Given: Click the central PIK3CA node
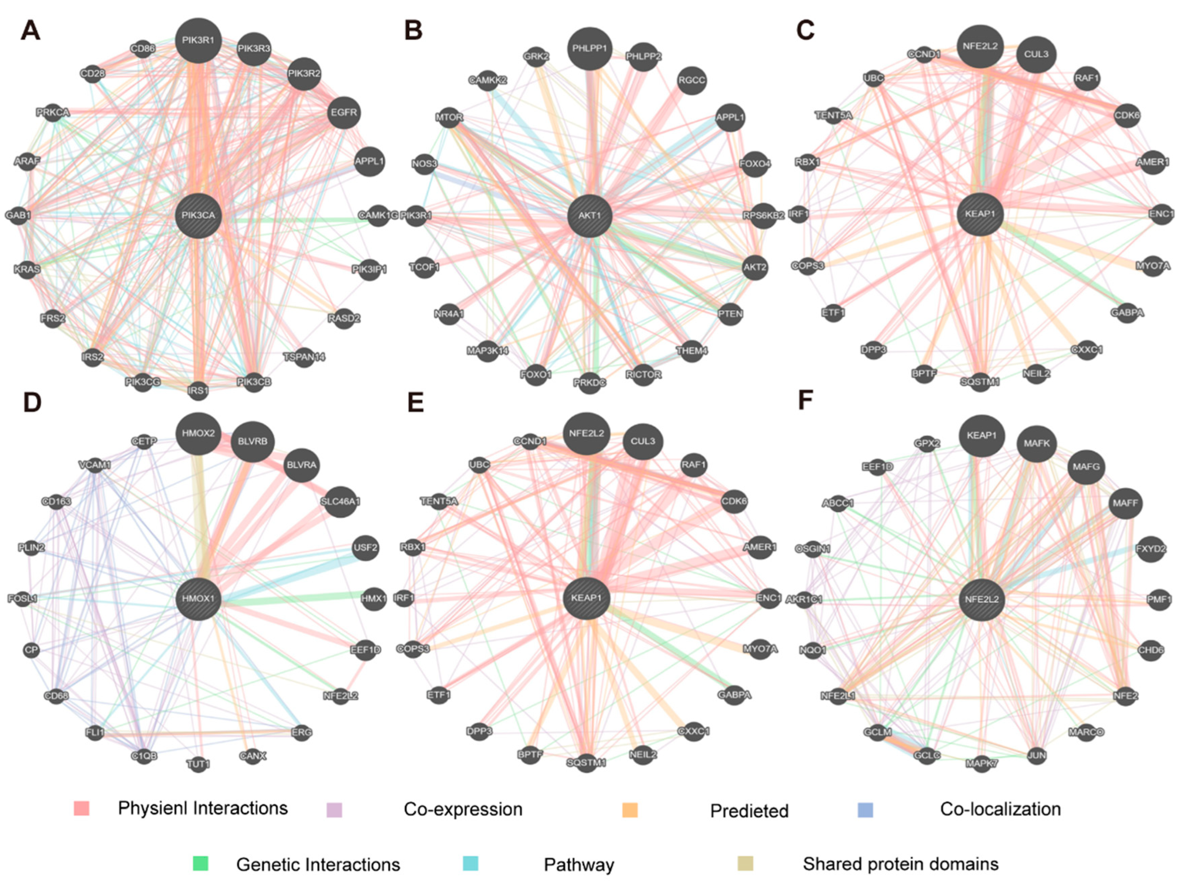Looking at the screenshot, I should [198, 216].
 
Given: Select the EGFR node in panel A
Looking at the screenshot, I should [344, 113].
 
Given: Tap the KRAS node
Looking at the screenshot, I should [27, 269].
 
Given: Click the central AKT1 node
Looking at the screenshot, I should [589, 216].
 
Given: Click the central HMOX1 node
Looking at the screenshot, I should [198, 599].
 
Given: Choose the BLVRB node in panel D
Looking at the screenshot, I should [252, 442].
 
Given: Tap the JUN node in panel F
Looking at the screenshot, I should [1036, 756].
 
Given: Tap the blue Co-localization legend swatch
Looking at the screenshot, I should [866, 810].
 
